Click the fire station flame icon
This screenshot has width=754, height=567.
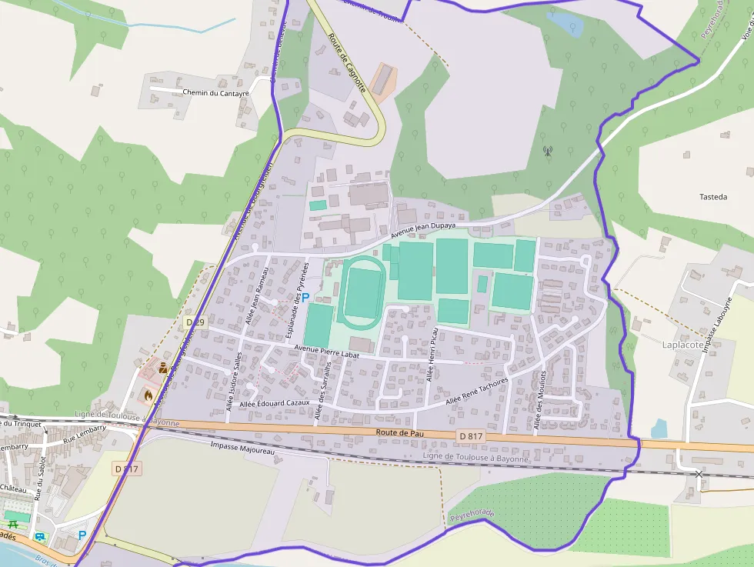148,395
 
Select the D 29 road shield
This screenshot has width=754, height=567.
195,322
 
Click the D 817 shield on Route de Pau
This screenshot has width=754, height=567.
471,437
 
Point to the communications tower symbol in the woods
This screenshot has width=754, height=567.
548,151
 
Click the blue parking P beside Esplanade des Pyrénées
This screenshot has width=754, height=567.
305,297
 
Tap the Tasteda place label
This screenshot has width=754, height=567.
713,197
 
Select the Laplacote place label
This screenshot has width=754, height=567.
682,345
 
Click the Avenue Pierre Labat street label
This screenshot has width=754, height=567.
327,352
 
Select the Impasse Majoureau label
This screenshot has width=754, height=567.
242,446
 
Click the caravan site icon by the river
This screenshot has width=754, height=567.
40,535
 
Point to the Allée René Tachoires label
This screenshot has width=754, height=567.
477,392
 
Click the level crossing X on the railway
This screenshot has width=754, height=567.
699,474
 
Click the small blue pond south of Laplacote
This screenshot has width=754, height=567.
659,429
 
